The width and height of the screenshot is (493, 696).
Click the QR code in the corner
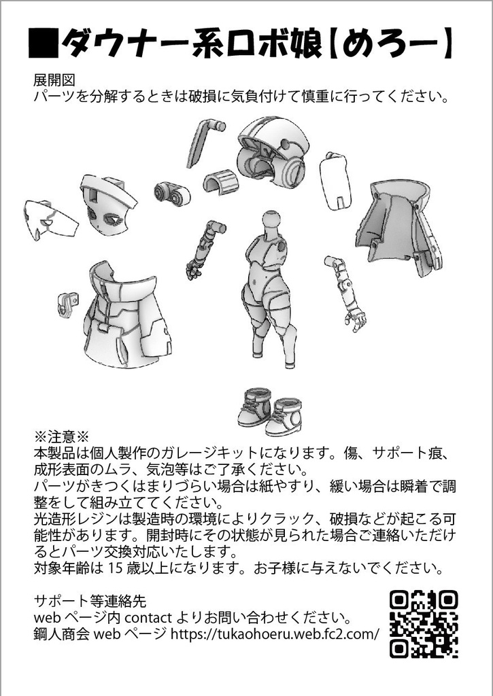[x=423, y=623]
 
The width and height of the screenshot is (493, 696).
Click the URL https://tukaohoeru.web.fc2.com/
[x=274, y=635]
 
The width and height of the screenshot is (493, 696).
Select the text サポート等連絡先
[x=89, y=601]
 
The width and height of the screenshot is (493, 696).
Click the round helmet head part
[x=272, y=151]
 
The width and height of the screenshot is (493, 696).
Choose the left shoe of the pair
[x=254, y=407]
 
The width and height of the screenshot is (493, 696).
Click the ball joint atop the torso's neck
[x=271, y=220]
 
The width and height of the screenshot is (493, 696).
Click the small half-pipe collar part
[x=220, y=181]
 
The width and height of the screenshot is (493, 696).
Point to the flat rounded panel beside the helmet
[x=337, y=179]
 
